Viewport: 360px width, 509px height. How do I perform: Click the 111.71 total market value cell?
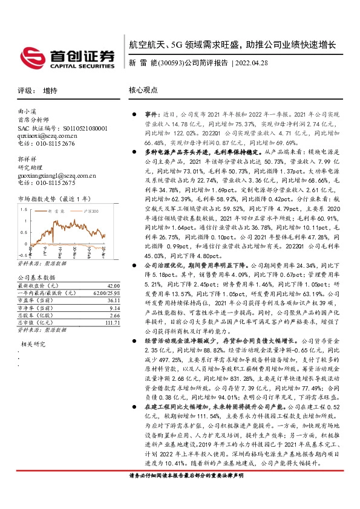pos(111,323)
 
